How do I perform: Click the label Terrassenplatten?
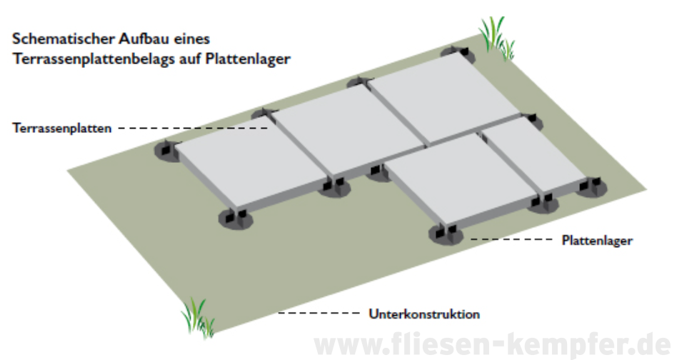pos(61,128)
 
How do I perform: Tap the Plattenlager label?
pos(597,241)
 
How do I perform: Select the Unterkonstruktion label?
pos(424,314)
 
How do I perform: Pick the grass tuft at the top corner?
pos(496,39)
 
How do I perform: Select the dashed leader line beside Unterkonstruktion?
pos(319,313)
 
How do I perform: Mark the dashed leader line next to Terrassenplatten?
pos(193,128)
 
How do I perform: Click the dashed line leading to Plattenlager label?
pos(511,239)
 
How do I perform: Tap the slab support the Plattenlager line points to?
pos(446,234)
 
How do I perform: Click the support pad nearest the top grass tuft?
pos(458,54)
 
